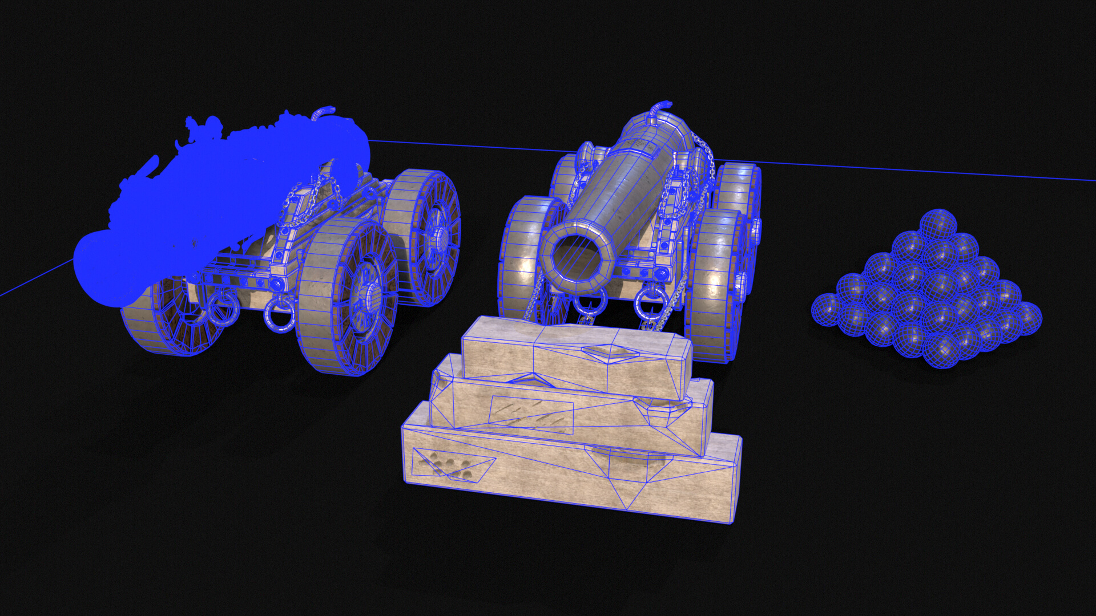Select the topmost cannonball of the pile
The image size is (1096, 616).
point(938,224)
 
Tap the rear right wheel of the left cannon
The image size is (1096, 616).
point(425,234)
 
